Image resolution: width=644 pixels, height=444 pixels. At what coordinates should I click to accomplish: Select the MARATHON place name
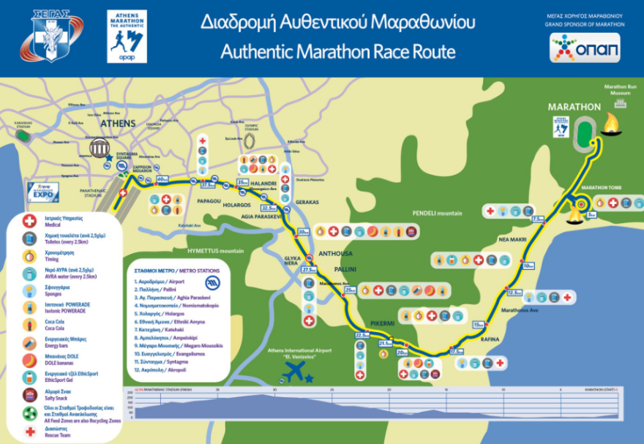pos(574,107)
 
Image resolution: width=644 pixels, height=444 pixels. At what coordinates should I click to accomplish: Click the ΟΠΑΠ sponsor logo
pos(585,48)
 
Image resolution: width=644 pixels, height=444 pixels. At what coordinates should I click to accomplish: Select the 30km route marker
pos(304,233)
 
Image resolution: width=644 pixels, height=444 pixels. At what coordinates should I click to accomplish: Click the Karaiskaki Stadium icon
pos(23,135)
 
